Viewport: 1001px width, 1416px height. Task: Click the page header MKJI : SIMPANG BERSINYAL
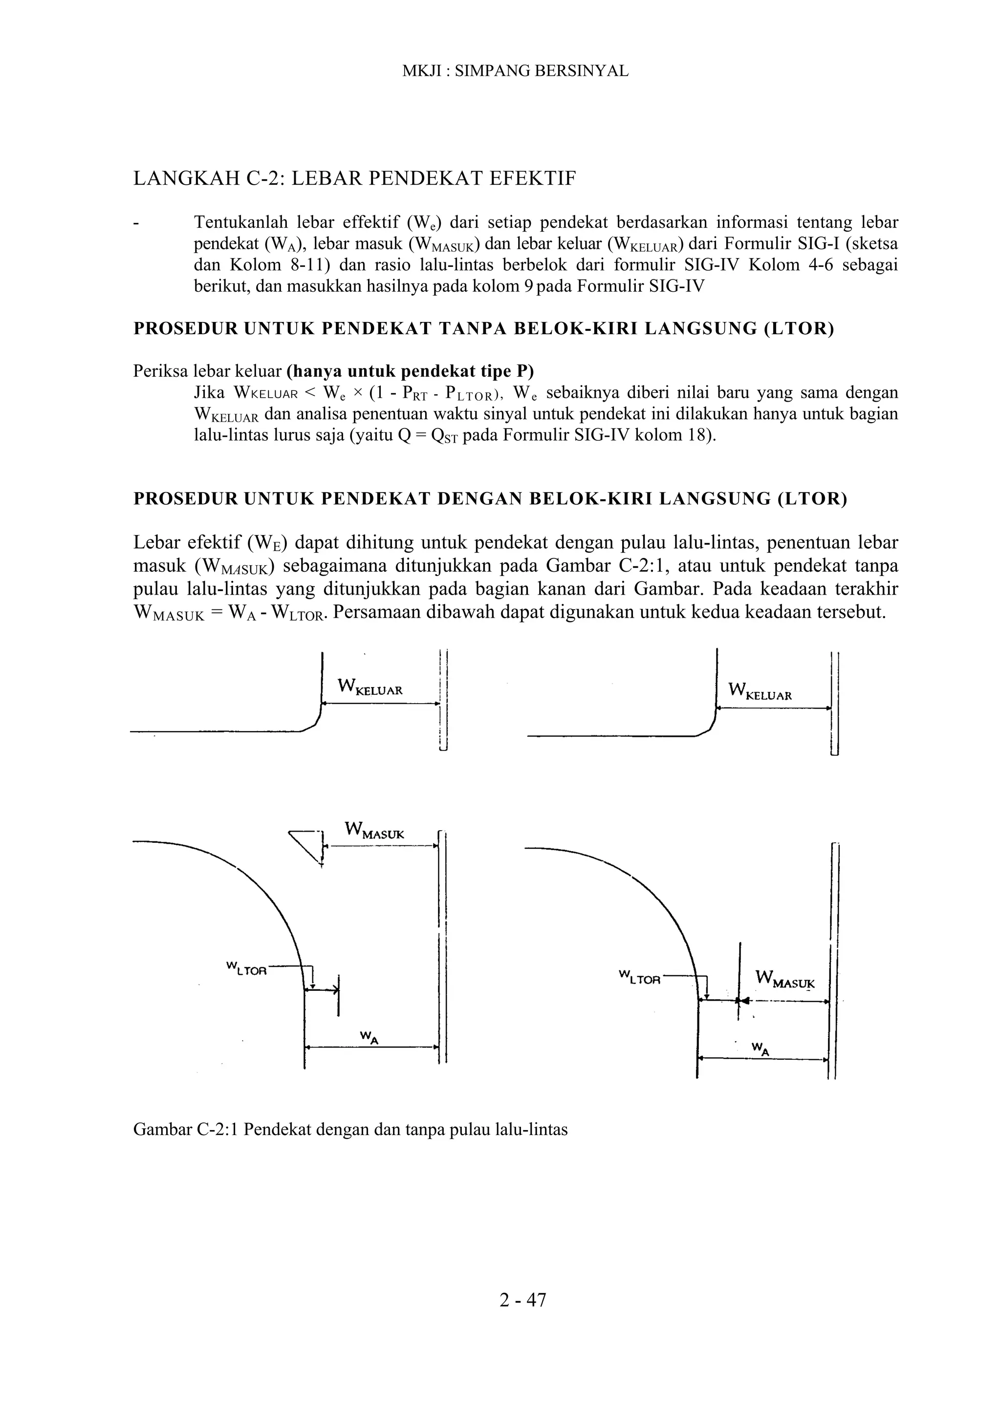(x=515, y=71)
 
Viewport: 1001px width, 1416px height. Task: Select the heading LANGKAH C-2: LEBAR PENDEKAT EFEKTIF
(x=355, y=179)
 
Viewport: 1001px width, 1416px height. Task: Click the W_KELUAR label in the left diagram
(x=370, y=687)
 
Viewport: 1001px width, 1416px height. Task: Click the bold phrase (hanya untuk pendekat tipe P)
(x=410, y=372)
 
